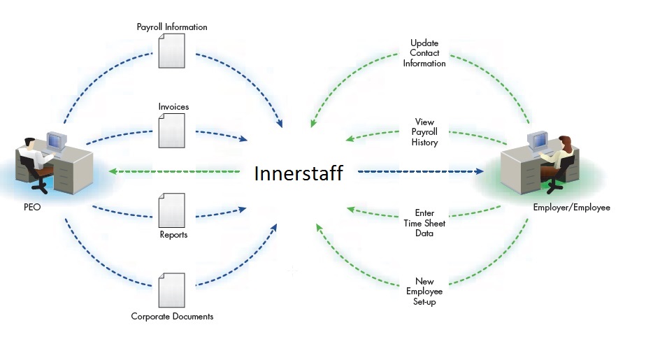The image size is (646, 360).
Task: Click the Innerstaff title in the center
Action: [x=299, y=173]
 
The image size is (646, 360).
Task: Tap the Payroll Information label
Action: [x=172, y=27]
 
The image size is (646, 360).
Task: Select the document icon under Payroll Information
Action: [x=172, y=50]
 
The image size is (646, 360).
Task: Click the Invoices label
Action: [x=173, y=107]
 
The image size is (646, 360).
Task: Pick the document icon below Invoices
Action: [x=172, y=130]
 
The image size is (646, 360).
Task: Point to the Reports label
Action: [x=173, y=235]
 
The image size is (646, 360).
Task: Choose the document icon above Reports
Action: [x=172, y=210]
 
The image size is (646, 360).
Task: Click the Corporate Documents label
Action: [x=172, y=317]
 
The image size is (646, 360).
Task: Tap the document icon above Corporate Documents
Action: [x=172, y=290]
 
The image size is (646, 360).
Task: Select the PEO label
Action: [x=32, y=207]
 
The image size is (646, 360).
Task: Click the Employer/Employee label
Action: [x=571, y=208]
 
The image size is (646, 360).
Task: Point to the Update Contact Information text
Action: [x=424, y=53]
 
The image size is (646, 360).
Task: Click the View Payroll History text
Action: [x=424, y=132]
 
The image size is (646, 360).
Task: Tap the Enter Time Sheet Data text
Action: [x=424, y=223]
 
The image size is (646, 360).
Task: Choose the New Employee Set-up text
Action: [x=424, y=291]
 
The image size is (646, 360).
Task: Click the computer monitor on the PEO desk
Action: [x=57, y=142]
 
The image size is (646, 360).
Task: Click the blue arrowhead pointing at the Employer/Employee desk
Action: [x=479, y=171]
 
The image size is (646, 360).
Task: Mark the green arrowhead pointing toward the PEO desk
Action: [x=113, y=171]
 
